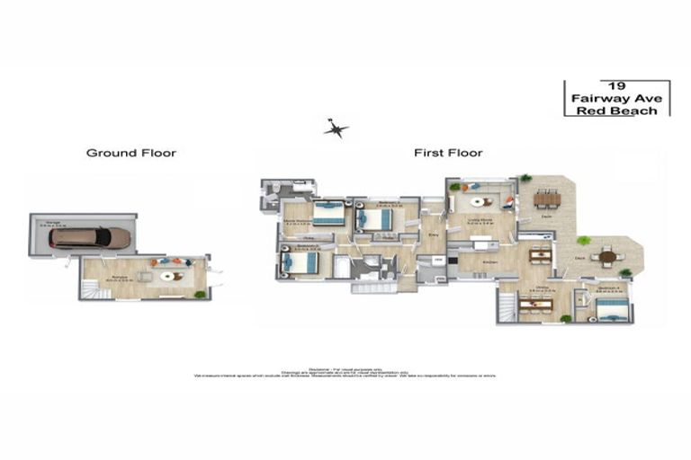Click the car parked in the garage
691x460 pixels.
click(90, 237)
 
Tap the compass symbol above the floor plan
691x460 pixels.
click(337, 128)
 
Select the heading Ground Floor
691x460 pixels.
click(131, 153)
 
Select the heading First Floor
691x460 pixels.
click(448, 153)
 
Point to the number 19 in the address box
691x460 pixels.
click(616, 84)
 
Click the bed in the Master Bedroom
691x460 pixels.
click(328, 216)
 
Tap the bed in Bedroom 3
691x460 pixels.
click(301, 261)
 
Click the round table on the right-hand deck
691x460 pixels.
click(609, 257)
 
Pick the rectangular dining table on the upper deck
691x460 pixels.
click(546, 199)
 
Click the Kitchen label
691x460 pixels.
click(490, 261)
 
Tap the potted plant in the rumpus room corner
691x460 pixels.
click(200, 294)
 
